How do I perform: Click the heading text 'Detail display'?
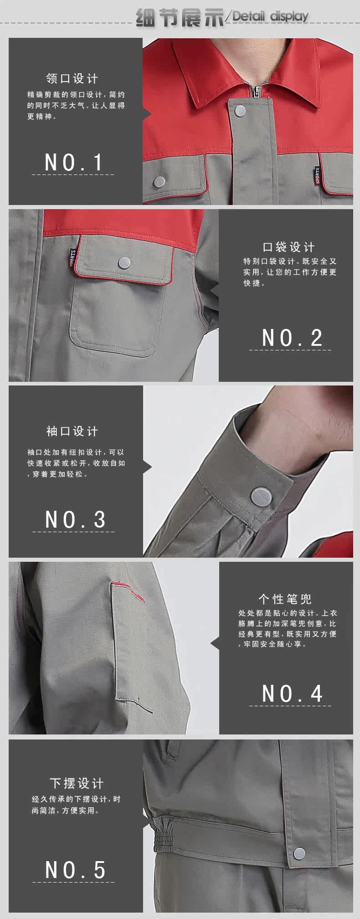(271, 17)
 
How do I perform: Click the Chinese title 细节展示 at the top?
(180, 17)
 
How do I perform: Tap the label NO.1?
(73, 163)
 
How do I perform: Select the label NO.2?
(292, 338)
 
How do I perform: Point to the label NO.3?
(75, 519)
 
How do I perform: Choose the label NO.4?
(292, 693)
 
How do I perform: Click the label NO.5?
(75, 870)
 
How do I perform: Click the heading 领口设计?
(72, 78)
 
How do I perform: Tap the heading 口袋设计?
(289, 247)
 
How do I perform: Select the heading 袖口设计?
(72, 431)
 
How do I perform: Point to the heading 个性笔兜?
(285, 599)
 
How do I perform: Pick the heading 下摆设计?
(77, 783)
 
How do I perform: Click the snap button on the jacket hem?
(299, 853)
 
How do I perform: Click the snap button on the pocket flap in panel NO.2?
(124, 262)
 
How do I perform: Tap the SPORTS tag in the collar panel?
(317, 175)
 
